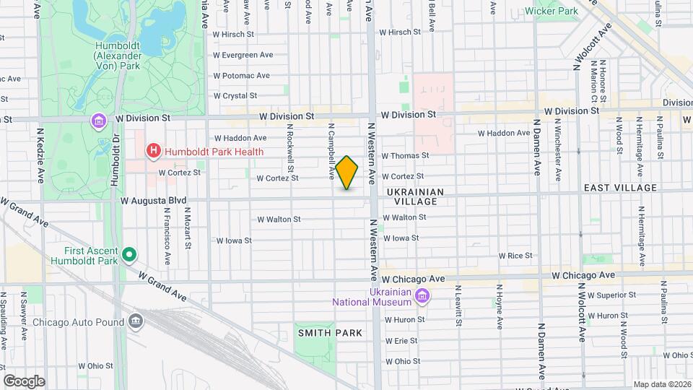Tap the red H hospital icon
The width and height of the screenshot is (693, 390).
click(x=153, y=151)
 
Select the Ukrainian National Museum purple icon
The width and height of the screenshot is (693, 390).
click(x=423, y=296)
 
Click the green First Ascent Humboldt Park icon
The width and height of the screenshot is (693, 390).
click(x=129, y=254)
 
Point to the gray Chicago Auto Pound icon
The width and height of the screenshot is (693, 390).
click(x=136, y=322)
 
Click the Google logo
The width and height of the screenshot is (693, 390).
click(x=24, y=381)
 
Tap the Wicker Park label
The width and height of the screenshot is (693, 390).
click(x=552, y=12)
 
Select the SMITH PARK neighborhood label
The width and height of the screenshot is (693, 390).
click(x=328, y=333)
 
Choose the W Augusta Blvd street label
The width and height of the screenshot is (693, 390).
click(x=154, y=200)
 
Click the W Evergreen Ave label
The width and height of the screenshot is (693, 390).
click(x=243, y=55)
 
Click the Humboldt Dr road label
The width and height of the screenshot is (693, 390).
click(x=115, y=160)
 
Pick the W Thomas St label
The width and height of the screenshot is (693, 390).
click(x=405, y=155)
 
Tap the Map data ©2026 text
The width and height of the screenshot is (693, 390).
click(x=661, y=384)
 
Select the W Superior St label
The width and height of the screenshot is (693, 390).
click(x=611, y=295)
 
